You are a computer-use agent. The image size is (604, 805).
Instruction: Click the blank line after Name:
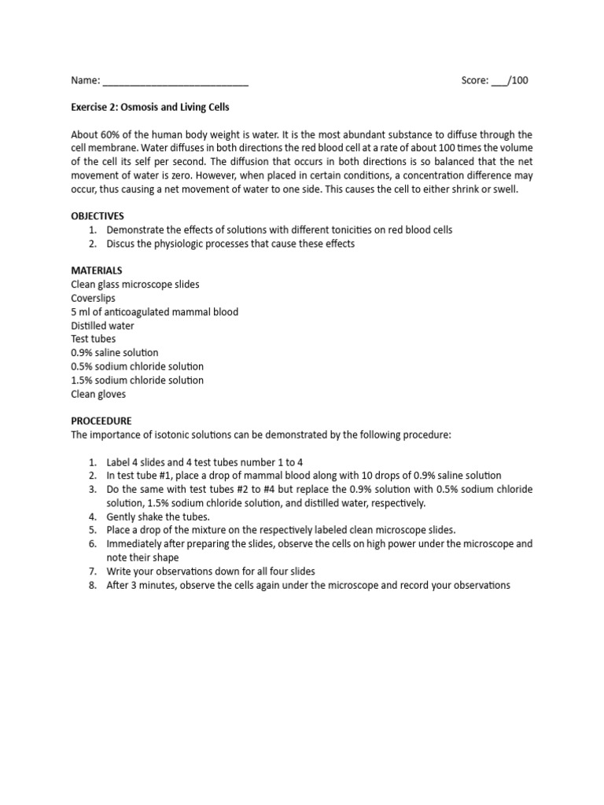175,81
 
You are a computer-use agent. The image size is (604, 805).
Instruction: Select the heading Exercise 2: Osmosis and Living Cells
150,107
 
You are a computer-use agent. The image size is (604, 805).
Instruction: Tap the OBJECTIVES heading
98,215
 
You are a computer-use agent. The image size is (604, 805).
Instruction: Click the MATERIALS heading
97,270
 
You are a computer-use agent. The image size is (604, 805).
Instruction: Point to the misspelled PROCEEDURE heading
101,421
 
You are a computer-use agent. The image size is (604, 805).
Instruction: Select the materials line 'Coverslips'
94,298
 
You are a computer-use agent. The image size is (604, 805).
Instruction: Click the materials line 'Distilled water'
102,325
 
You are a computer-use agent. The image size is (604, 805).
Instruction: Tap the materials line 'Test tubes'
93,339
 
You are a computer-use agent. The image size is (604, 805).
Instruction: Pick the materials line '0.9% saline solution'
115,353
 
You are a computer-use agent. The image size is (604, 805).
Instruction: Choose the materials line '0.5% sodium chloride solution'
137,366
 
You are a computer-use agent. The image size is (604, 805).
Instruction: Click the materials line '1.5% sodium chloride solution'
137,380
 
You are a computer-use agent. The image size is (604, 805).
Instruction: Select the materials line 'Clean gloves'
98,394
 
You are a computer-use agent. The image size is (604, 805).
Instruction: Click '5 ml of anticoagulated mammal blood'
154,311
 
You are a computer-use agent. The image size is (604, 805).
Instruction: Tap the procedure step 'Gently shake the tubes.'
158,516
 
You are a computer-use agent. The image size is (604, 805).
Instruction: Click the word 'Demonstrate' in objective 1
134,230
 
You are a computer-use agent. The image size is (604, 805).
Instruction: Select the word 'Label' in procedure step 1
119,461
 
